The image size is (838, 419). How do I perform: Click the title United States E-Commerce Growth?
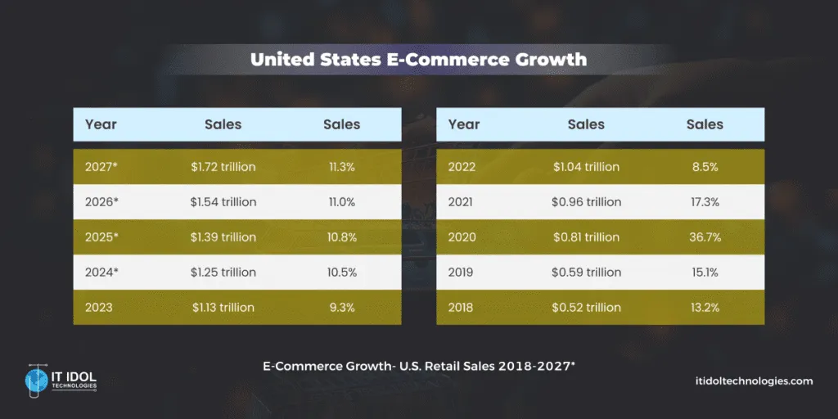tap(418, 60)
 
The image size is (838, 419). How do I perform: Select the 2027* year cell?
tap(101, 167)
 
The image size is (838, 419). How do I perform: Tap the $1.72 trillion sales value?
tap(223, 167)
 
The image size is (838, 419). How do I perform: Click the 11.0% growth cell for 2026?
tap(341, 202)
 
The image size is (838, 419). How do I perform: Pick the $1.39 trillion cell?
tap(223, 237)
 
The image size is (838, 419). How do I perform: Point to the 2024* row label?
tap(101, 273)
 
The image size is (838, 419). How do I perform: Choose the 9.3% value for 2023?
tap(341, 308)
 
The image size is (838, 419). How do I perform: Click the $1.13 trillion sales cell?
tap(223, 308)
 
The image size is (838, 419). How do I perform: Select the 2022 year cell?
tap(462, 167)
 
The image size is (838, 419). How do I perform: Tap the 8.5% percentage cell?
tap(705, 167)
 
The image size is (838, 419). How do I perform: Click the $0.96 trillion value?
tap(586, 202)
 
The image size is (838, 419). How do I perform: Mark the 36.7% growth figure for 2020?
tap(705, 237)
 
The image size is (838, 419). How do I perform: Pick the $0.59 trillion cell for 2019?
tap(586, 273)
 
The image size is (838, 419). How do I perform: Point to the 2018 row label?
tap(462, 308)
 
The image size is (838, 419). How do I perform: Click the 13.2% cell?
tap(705, 308)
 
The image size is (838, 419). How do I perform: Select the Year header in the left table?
tap(101, 124)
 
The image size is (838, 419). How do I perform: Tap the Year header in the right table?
tap(464, 124)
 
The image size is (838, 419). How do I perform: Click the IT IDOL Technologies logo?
tap(61, 381)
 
